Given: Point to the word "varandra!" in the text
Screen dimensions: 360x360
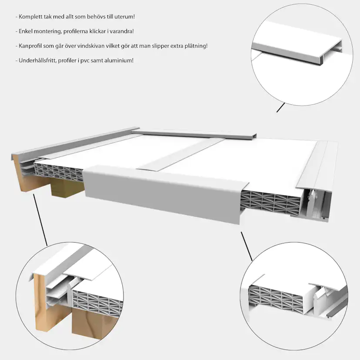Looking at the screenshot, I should tap(123, 31).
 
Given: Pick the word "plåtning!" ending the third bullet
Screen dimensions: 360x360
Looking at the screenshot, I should tap(197, 46).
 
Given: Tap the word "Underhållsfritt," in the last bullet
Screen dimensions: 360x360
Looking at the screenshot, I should tap(37, 60).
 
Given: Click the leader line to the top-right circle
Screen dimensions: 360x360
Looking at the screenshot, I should tap(281, 107).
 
